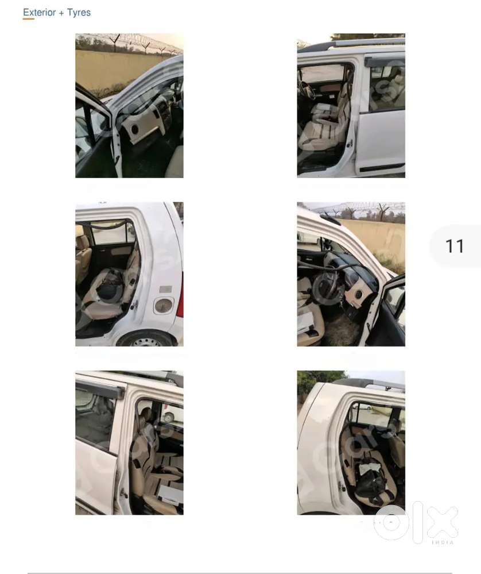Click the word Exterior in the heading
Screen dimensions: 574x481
pyautogui.click(x=39, y=13)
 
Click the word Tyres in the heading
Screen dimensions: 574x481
pyautogui.click(x=79, y=13)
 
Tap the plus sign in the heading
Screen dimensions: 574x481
pyautogui.click(x=61, y=13)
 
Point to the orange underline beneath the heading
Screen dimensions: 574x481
pyautogui.click(x=29, y=19)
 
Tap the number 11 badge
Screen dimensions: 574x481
pyautogui.click(x=455, y=246)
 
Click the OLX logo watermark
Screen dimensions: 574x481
pyautogui.click(x=416, y=522)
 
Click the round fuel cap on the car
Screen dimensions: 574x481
pyautogui.click(x=163, y=305)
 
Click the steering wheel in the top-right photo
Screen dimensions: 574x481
pyautogui.click(x=306, y=90)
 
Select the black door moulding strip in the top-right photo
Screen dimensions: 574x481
pyautogui.click(x=382, y=167)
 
